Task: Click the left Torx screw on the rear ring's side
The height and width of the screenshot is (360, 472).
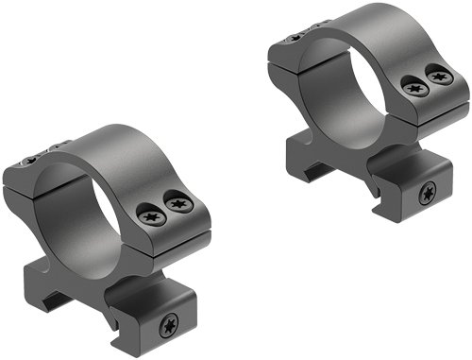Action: tap(415, 86)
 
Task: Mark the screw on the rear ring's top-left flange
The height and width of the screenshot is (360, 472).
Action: tap(295, 36)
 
